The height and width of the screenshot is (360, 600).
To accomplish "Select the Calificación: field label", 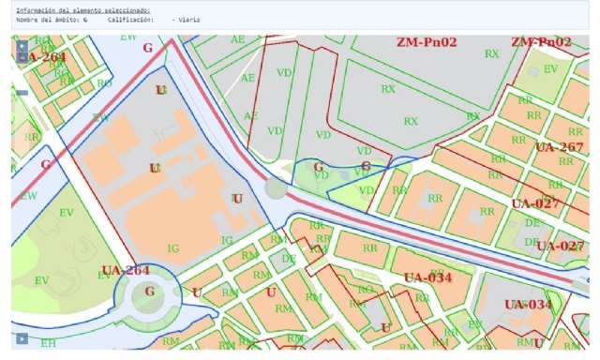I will point(131,18).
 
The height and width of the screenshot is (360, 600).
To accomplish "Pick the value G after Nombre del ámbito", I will point(85,18).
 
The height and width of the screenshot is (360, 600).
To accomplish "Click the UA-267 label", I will point(560,147).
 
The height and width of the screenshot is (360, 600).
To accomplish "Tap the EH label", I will point(48,343).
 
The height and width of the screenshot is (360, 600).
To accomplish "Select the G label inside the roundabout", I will point(148,292).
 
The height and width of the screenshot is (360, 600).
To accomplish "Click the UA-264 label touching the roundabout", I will point(125,271).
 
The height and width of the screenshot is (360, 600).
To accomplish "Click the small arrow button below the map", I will point(19,337).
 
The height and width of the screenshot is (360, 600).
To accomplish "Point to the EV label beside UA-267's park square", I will point(550,69).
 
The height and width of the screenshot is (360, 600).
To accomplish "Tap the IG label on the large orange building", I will point(172,247).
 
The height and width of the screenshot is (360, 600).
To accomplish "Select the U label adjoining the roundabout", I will point(196,292).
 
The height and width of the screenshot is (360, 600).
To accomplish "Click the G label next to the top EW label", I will point(146,48).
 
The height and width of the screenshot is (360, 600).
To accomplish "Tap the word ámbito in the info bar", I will point(69,18).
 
